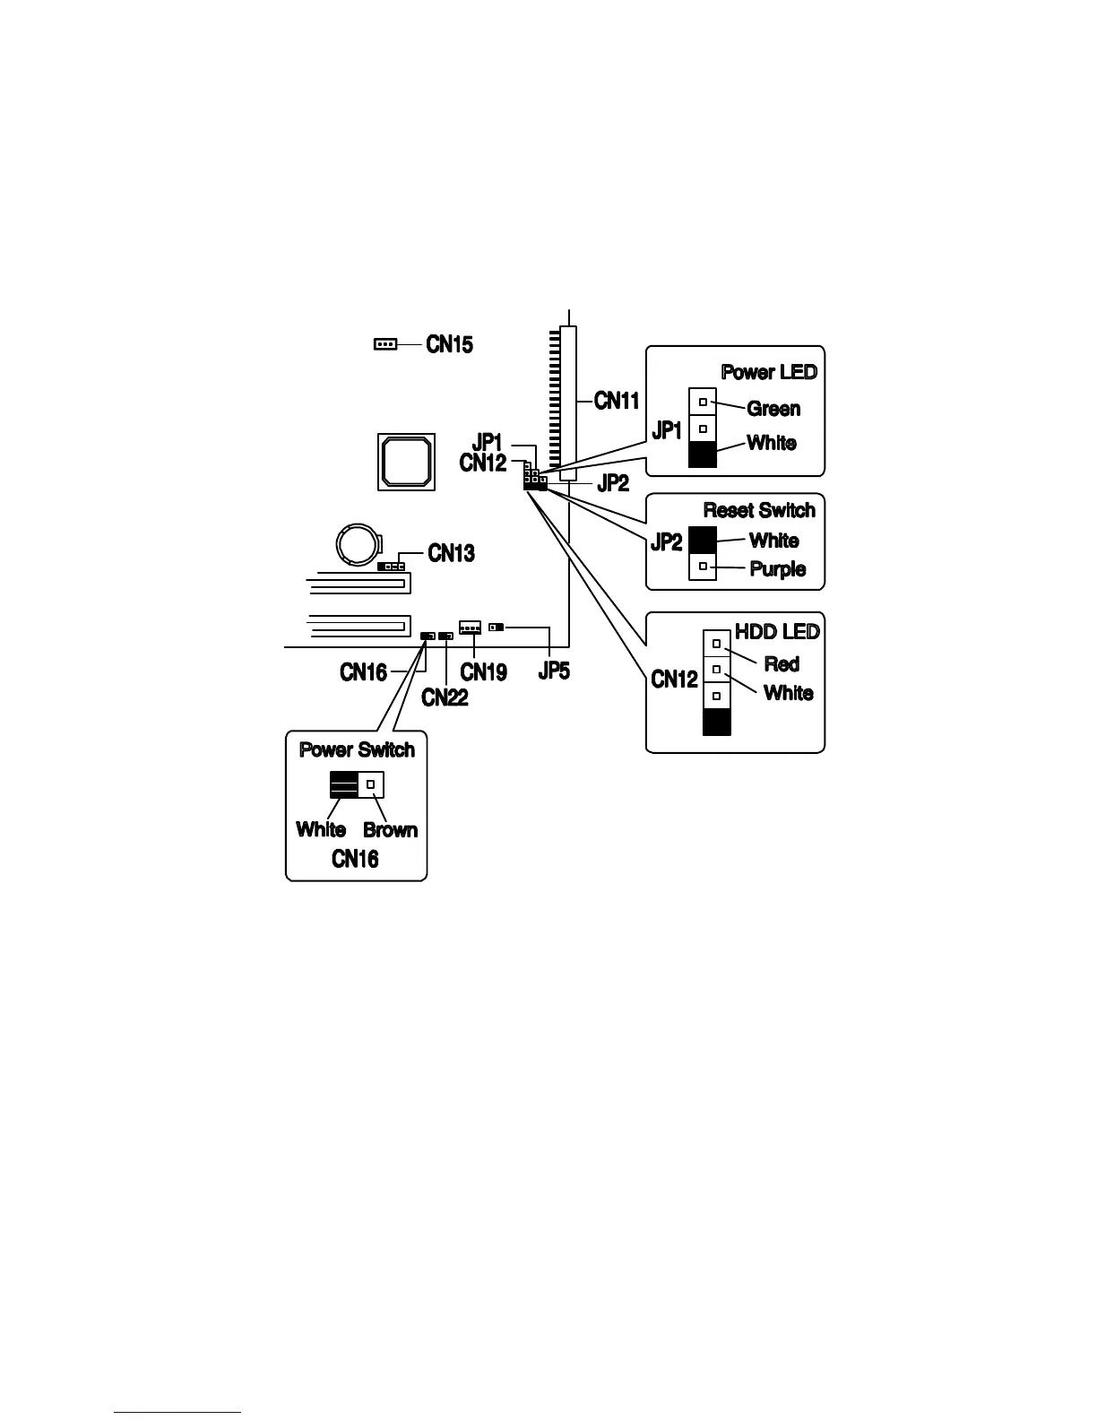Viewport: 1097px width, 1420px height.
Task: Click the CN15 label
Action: pyautogui.click(x=449, y=344)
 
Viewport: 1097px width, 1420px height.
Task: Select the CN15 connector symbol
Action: pyautogui.click(x=384, y=343)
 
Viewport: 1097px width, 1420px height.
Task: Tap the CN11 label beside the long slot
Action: pyautogui.click(x=617, y=401)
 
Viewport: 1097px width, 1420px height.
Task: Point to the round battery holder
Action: pyautogui.click(x=357, y=544)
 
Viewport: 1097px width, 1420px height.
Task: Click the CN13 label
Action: pyautogui.click(x=451, y=553)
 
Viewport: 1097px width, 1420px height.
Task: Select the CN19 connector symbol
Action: pyautogui.click(x=470, y=628)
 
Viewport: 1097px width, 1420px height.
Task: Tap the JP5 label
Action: pyautogui.click(x=554, y=671)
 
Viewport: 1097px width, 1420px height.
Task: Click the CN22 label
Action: pyautogui.click(x=445, y=697)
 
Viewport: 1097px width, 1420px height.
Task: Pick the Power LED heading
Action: pyautogui.click(x=769, y=372)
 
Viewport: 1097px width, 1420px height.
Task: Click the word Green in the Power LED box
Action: pyautogui.click(x=773, y=409)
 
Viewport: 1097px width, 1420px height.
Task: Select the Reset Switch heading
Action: pyautogui.click(x=759, y=510)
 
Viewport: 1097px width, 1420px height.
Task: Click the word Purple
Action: pyautogui.click(x=777, y=569)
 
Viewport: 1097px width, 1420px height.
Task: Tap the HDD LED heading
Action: pyautogui.click(x=777, y=632)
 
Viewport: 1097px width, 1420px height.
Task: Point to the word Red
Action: pyautogui.click(x=782, y=664)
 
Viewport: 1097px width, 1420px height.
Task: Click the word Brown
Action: pyautogui.click(x=390, y=830)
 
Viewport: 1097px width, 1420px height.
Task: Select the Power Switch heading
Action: pyautogui.click(x=357, y=749)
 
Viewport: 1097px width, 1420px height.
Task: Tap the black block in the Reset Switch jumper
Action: pyautogui.click(x=703, y=540)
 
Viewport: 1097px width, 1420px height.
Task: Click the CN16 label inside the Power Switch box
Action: pyautogui.click(x=355, y=859)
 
